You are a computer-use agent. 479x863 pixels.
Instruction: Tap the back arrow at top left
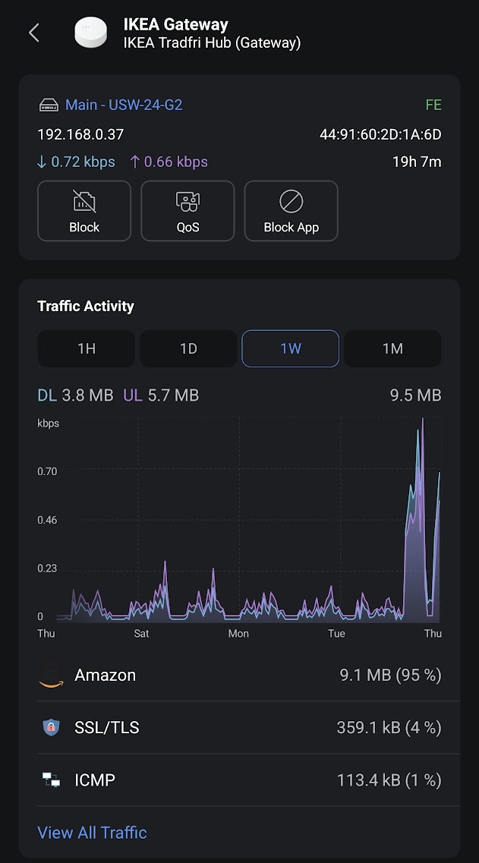33,33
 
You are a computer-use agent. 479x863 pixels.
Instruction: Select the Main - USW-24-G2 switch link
124,105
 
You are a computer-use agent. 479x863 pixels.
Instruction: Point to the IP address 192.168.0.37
80,135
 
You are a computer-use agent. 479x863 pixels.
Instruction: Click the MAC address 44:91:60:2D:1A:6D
380,135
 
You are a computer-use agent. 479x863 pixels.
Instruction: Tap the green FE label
433,105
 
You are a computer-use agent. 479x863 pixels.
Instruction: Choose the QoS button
188,211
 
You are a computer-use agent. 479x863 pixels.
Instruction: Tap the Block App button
291,211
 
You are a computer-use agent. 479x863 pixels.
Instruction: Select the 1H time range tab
87,348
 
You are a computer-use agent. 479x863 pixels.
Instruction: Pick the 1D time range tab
188,348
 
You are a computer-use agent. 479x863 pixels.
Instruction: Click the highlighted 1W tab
290,348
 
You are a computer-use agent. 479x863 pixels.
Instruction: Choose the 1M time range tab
392,348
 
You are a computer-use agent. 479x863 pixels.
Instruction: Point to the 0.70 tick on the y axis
47,471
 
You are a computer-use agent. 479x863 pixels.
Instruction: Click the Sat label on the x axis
142,633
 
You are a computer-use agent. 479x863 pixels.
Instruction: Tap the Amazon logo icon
51,675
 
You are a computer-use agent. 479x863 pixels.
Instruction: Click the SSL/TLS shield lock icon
51,727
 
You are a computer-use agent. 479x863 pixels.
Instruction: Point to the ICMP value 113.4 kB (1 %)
389,780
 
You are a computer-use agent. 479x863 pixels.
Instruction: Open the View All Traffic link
92,833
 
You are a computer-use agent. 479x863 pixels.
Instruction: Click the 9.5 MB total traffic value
415,395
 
